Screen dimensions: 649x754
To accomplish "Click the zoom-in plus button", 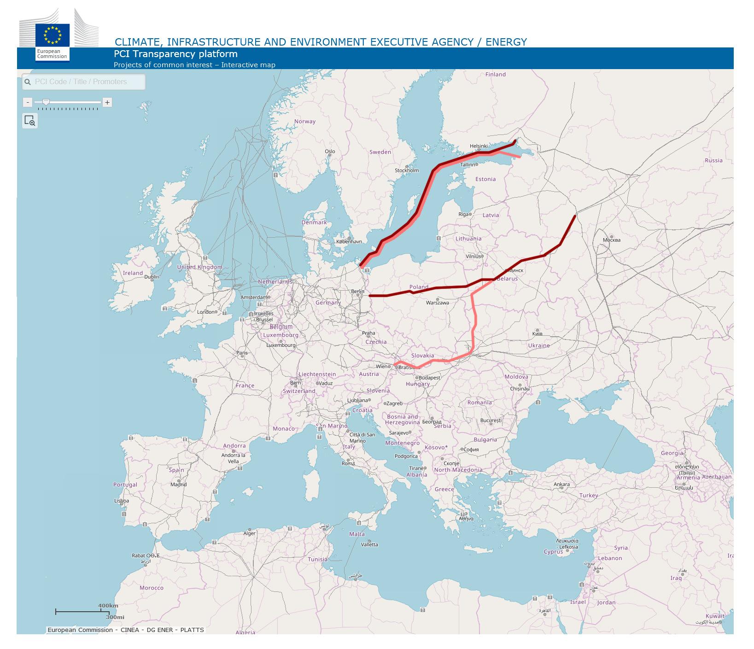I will pos(107,102).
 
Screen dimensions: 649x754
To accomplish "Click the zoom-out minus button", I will pos(28,102).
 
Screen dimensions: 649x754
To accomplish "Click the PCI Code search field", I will pos(84,82).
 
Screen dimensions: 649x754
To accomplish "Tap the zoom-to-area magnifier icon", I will pos(30,121).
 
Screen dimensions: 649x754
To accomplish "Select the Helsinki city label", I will pos(479,146).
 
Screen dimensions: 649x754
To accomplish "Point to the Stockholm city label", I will pos(407,170).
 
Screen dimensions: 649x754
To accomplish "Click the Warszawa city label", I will pos(437,303).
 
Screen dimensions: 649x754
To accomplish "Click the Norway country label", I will pos(305,122).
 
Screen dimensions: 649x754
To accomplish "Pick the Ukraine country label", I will pos(538,345).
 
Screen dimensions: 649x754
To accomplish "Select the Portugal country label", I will pos(125,485).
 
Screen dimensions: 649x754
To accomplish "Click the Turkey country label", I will pos(589,496).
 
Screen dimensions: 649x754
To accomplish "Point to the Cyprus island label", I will pos(553,551).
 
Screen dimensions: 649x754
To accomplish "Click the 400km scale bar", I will pos(79,611).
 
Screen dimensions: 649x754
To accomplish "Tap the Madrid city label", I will pos(178,484).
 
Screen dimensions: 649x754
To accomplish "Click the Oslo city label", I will pos(330,151).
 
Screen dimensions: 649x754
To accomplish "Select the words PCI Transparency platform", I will pos(175,54).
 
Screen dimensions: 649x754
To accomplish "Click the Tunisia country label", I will pos(317,559).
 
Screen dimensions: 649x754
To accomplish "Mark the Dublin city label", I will pos(152,277).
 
